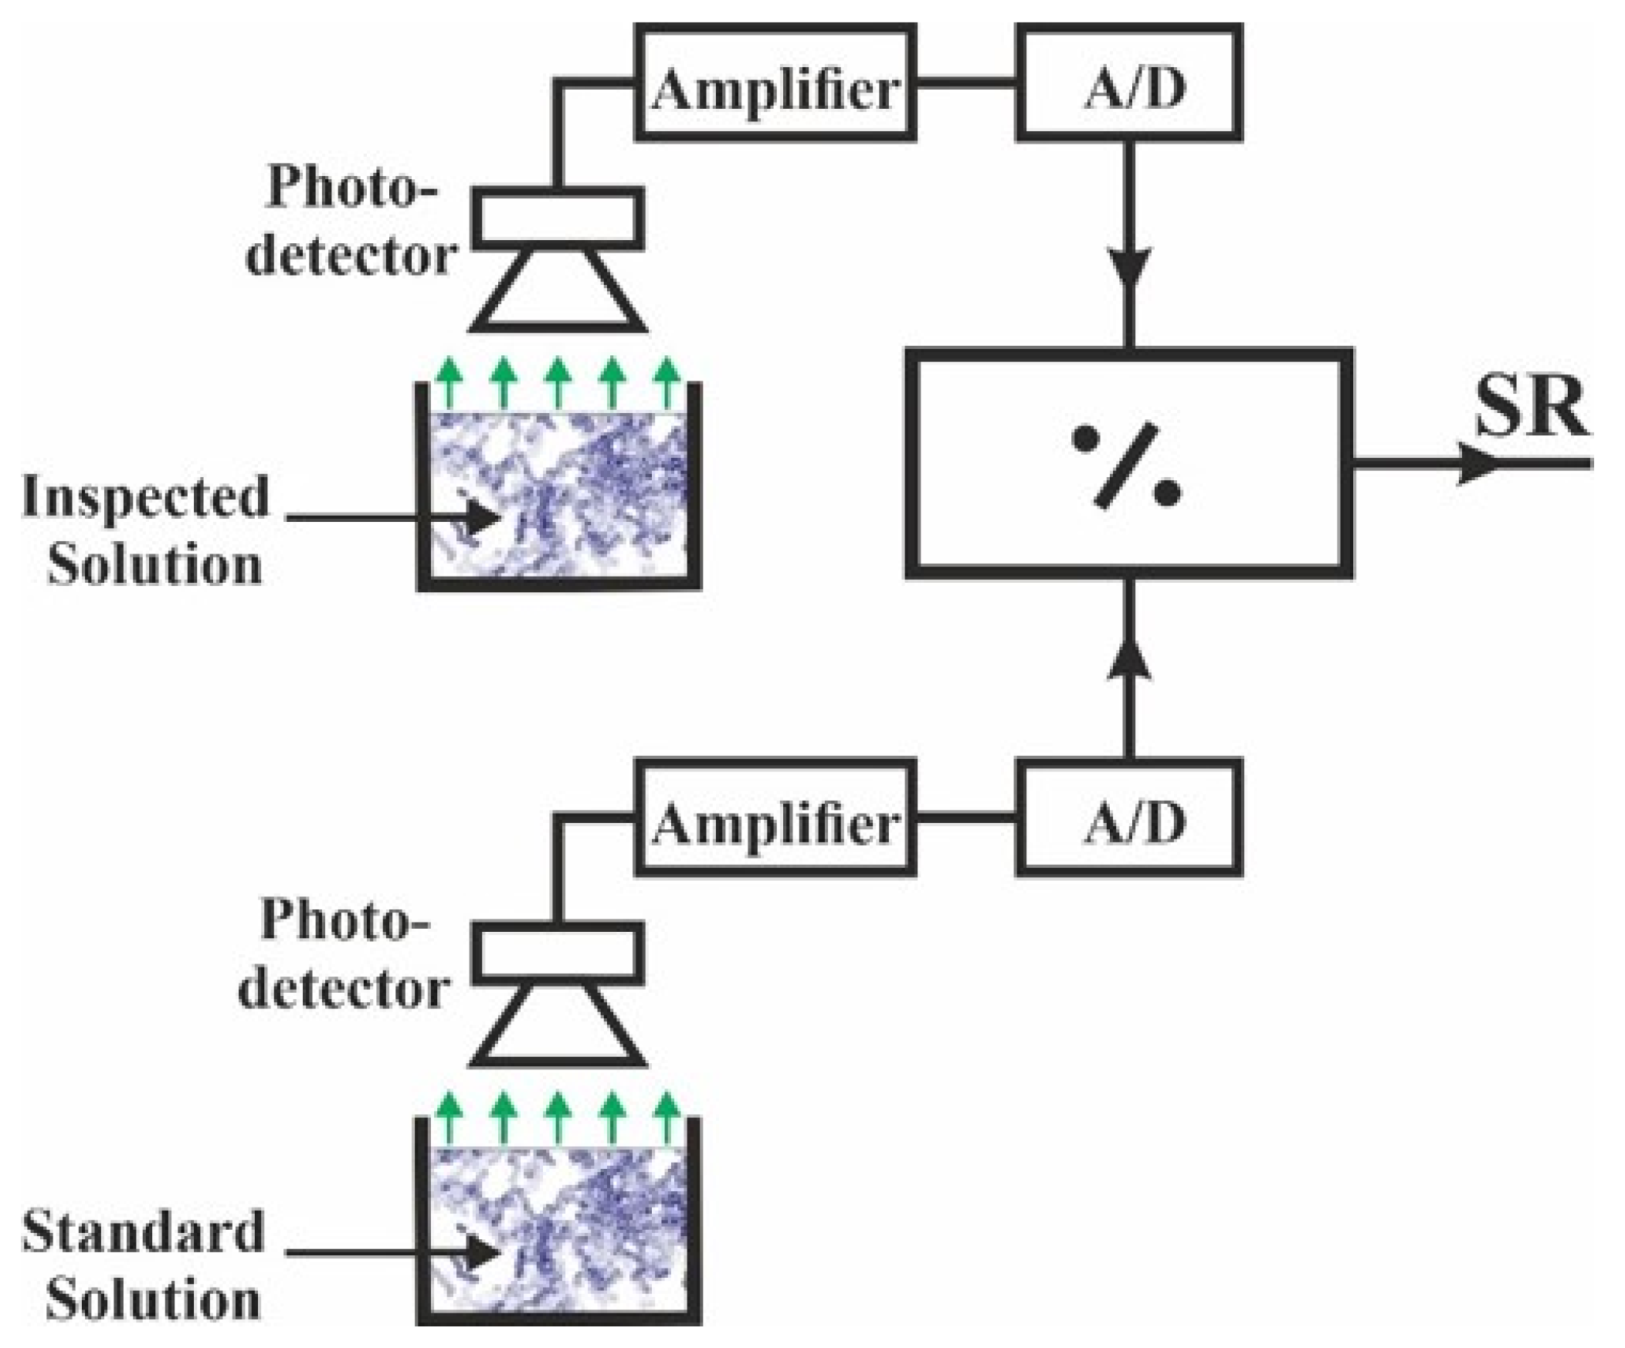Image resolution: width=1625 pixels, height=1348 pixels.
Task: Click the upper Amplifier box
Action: pyautogui.click(x=775, y=81)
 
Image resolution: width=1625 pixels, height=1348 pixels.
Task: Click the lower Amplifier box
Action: pyautogui.click(x=775, y=818)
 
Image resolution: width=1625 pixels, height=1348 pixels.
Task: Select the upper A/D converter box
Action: pyautogui.click(x=1129, y=81)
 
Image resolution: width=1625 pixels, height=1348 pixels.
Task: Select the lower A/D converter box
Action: pyautogui.click(x=1129, y=818)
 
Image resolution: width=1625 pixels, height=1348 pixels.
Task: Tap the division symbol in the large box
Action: pyautogui.click(x=1126, y=466)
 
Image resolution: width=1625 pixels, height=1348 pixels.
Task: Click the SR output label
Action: pyautogui.click(x=1530, y=408)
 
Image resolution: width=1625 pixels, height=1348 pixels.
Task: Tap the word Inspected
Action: pyautogui.click(x=145, y=497)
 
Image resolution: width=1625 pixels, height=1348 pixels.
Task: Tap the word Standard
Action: pyautogui.click(x=143, y=1233)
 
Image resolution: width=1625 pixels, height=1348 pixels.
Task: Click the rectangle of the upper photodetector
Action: pyautogui.click(x=557, y=218)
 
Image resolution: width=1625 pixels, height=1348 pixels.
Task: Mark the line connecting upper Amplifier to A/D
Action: pyautogui.click(x=965, y=81)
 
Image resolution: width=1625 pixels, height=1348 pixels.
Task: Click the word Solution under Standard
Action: pyautogui.click(x=153, y=1301)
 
